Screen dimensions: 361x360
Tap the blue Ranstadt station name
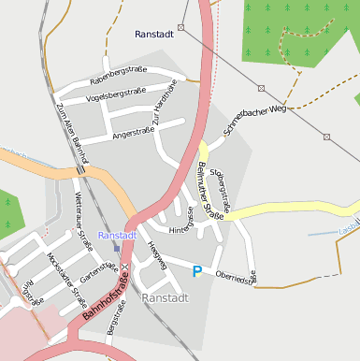click(x=118, y=236)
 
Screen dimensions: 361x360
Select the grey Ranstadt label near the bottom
click(x=165, y=297)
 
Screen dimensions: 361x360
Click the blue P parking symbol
click(x=196, y=271)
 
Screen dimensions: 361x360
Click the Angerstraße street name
click(x=133, y=134)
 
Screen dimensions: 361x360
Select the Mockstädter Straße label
click(x=65, y=273)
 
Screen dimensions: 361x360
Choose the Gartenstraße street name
click(x=98, y=274)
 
